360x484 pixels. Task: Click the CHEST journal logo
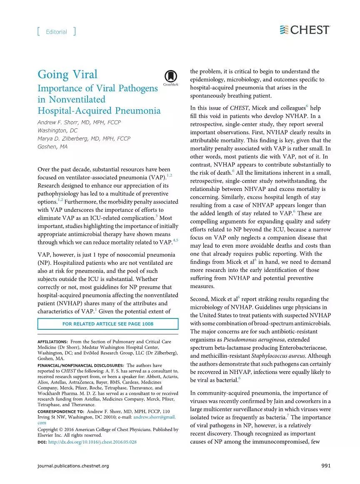[x=305, y=30]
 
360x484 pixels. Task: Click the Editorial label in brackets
[x=56, y=32]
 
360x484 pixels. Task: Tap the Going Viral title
[x=67, y=75]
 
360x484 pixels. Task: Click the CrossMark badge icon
[x=169, y=77]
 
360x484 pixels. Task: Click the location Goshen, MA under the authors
[x=52, y=146]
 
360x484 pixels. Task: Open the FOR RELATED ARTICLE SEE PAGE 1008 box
[x=108, y=324]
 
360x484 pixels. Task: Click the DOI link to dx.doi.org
[x=92, y=441]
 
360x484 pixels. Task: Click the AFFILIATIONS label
[x=52, y=342]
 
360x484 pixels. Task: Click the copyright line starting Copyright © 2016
[x=108, y=429]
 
